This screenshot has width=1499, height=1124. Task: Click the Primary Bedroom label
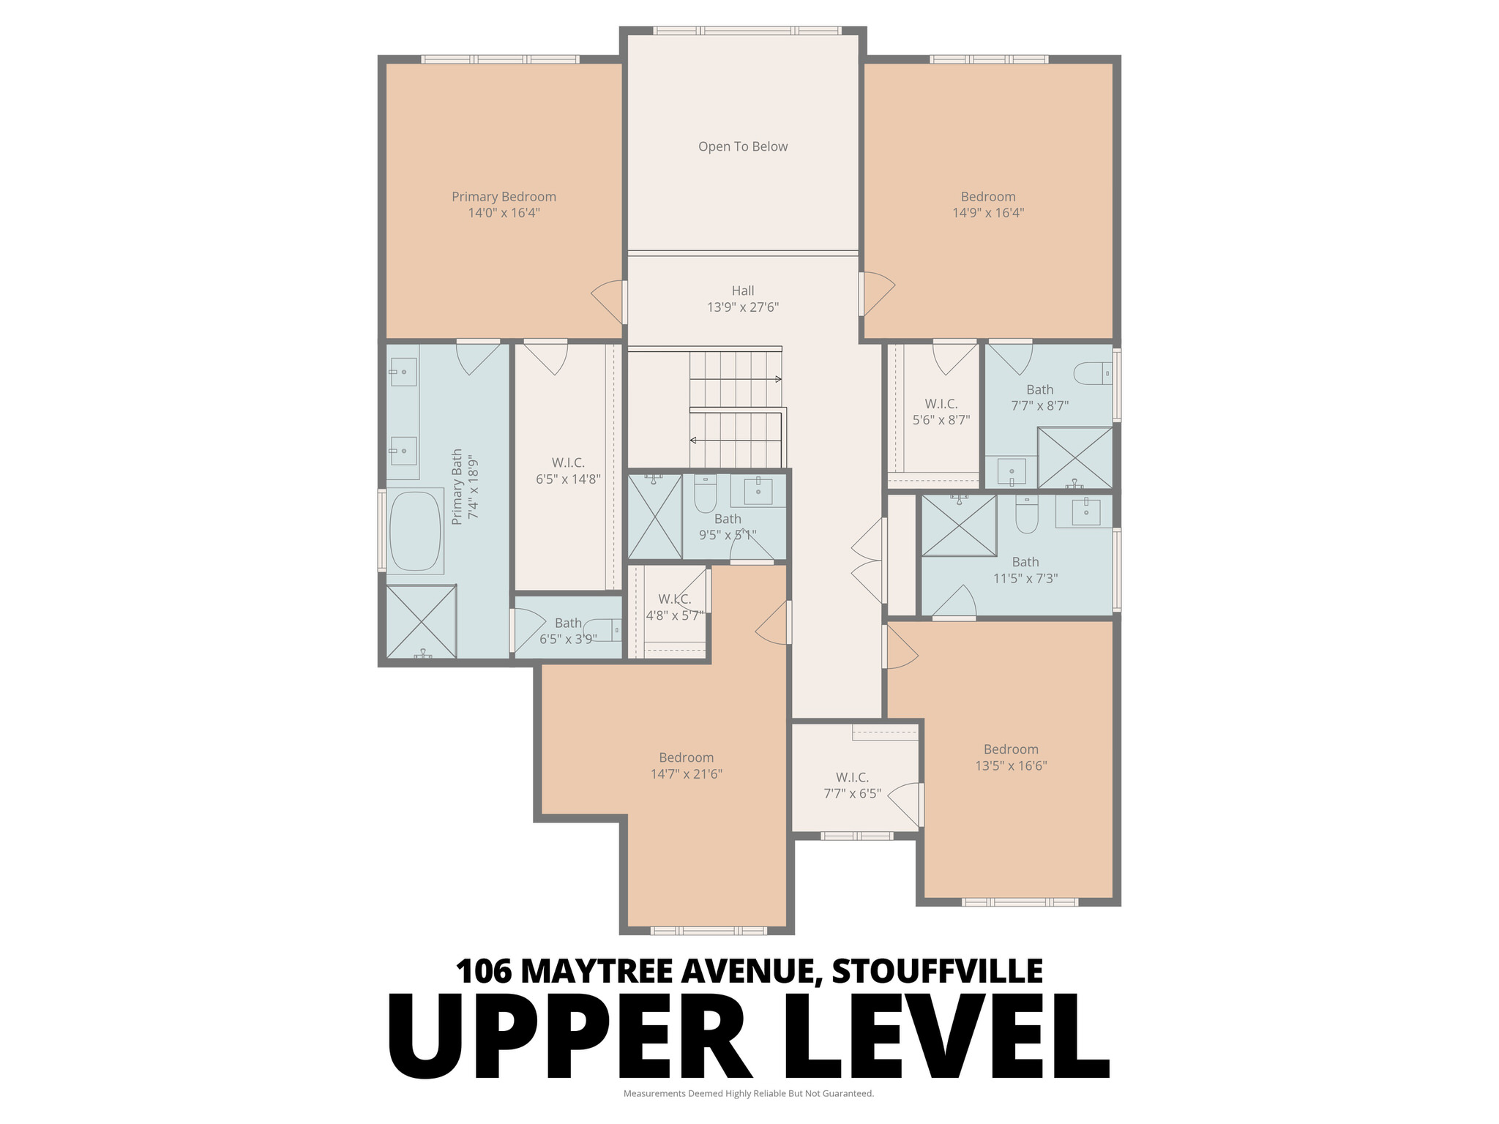[x=504, y=197]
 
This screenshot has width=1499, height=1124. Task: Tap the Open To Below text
[x=743, y=146]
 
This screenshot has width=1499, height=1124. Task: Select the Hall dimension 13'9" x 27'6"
[x=743, y=307]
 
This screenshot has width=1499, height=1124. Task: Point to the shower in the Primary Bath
[x=421, y=621]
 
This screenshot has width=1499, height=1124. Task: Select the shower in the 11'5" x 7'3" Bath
[x=958, y=525]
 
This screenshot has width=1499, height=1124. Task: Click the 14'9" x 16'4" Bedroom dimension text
[x=988, y=213]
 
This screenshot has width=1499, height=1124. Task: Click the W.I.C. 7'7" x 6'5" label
[x=853, y=785]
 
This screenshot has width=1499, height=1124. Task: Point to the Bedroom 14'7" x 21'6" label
[x=686, y=765]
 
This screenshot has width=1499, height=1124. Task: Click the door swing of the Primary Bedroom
[x=608, y=301]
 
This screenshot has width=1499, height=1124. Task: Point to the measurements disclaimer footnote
[x=748, y=1093]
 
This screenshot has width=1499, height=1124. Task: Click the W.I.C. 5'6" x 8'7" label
[x=941, y=412]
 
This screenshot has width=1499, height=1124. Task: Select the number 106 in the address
[x=483, y=971]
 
